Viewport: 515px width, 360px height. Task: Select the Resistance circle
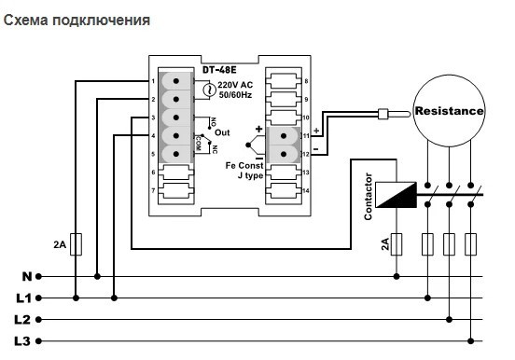pyautogui.click(x=450, y=111)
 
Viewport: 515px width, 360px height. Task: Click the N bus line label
pyautogui.click(x=26, y=276)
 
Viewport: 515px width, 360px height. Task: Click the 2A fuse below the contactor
pyautogui.click(x=397, y=245)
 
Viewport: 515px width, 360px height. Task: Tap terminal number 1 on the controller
pyautogui.click(x=152, y=82)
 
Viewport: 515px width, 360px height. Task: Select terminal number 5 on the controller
pyautogui.click(x=152, y=155)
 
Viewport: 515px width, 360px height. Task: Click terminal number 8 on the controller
pyautogui.click(x=306, y=82)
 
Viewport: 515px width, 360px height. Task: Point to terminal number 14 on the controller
pyautogui.click(x=306, y=191)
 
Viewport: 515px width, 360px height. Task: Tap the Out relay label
pyautogui.click(x=222, y=133)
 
